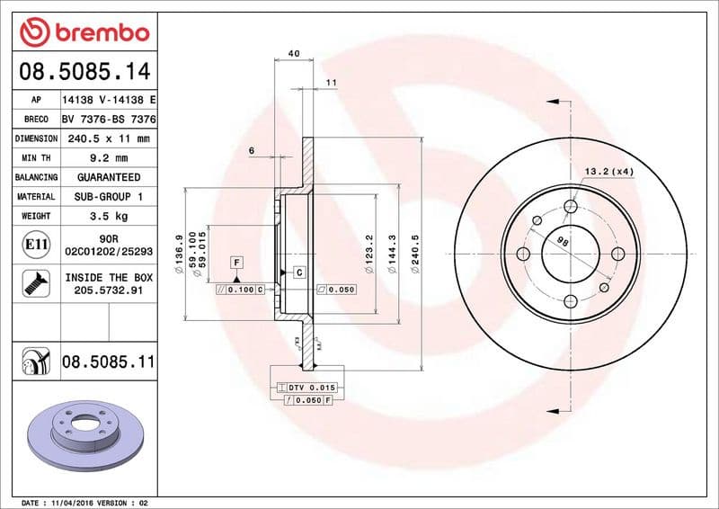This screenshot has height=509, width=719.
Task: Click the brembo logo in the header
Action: [84, 34]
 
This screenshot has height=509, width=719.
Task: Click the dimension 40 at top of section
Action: [294, 54]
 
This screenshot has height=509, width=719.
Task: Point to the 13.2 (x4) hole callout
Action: [609, 171]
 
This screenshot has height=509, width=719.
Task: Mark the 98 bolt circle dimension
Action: [563, 242]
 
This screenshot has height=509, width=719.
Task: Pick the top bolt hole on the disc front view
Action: [570, 208]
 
